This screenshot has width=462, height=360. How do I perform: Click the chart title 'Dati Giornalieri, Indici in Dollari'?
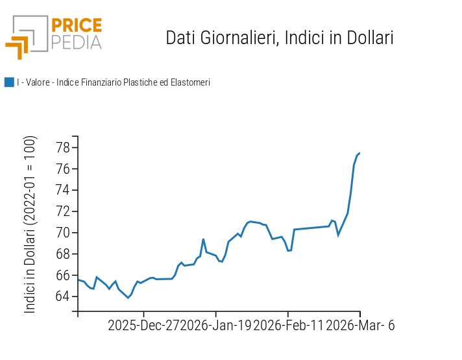280,38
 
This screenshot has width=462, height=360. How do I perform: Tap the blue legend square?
9,82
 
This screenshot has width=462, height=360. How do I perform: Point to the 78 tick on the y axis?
62,148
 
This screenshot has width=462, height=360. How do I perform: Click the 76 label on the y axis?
62,169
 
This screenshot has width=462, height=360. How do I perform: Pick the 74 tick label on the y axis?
62,191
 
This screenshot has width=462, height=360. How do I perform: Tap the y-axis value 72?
62,211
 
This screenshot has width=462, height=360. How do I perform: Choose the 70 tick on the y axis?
62,233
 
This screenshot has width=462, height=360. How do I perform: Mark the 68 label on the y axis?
62,254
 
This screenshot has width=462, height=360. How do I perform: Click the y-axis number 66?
62,275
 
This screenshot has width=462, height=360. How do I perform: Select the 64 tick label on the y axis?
62,296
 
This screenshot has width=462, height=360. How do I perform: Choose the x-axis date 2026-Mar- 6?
360,326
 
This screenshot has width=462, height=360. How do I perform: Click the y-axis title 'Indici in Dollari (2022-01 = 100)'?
30,224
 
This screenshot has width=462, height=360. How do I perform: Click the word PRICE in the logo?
76,26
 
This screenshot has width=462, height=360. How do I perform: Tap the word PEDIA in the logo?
76,42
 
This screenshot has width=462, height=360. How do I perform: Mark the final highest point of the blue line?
359,153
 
